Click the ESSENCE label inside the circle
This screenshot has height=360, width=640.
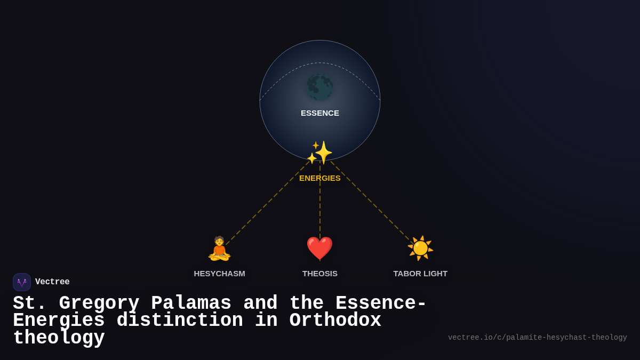pyautogui.click(x=320, y=113)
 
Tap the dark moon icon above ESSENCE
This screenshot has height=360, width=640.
pyautogui.click(x=320, y=87)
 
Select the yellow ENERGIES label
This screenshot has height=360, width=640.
pyautogui.click(x=320, y=178)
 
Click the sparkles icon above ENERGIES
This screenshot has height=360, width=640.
pyautogui.click(x=321, y=153)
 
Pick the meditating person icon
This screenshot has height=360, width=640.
pyautogui.click(x=219, y=249)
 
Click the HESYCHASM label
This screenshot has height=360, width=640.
pyautogui.click(x=219, y=274)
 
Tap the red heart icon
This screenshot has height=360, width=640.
pyautogui.click(x=319, y=249)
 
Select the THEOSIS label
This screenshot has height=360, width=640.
pyautogui.click(x=320, y=274)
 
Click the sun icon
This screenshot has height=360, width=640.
pyautogui.click(x=420, y=249)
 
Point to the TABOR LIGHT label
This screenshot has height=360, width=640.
pyautogui.click(x=420, y=274)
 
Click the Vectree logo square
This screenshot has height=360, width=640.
pyautogui.click(x=22, y=282)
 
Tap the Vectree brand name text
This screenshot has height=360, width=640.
pyautogui.click(x=52, y=282)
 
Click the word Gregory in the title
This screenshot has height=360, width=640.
pyautogui.click(x=99, y=303)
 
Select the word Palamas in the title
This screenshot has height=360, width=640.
pyautogui.click(x=191, y=303)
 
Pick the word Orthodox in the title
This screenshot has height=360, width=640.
pyautogui.click(x=335, y=321)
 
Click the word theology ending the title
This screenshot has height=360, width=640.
pyautogui.click(x=59, y=338)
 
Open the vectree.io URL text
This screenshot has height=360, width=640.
pyautogui.click(x=537, y=338)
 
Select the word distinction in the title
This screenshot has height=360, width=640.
pyautogui.click(x=180, y=321)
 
